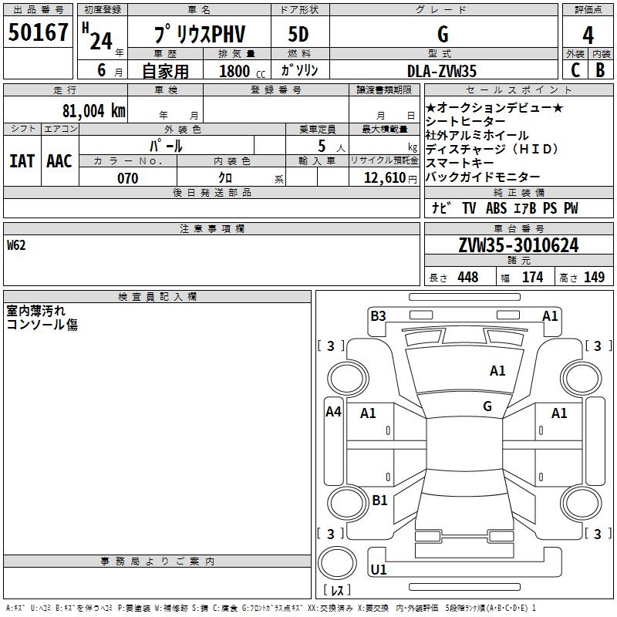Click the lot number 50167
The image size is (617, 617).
pos(39,33)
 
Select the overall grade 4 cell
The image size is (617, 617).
pos(588,34)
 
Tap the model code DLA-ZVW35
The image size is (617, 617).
pos(442,70)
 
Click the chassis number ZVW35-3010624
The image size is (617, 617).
pos(518,245)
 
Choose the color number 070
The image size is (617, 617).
pos(127,178)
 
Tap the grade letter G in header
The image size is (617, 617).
pos(442,34)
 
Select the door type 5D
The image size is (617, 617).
pos(298,34)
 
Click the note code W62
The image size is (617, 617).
pos(17,245)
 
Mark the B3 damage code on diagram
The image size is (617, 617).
pos(378,315)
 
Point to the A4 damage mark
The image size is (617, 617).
pos(333,412)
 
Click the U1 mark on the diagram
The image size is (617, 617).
pos(379,571)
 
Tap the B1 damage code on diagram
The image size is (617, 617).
pos(379,501)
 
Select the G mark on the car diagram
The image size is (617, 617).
pos(487,406)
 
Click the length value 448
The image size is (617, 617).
pos(467,278)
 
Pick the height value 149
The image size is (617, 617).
pos(594,278)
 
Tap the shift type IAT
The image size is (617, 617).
pos(22,161)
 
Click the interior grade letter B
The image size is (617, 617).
pos(600,70)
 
